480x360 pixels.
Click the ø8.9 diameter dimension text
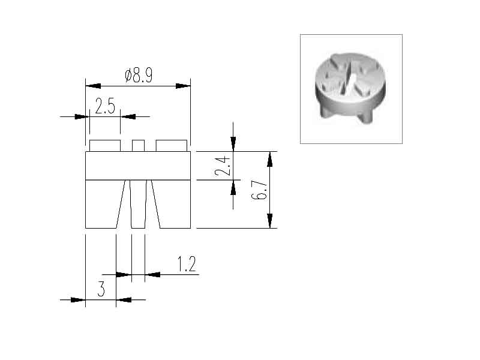click(139, 76)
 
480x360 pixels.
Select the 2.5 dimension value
click(105, 106)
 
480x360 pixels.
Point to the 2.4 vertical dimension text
click(222, 166)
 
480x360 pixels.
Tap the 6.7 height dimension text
click(259, 190)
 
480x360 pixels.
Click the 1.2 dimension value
click(187, 264)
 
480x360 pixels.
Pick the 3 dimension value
click(101, 289)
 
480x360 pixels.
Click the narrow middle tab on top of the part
click(138, 146)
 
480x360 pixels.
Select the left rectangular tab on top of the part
click(104, 146)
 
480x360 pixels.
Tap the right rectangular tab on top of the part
click(172, 146)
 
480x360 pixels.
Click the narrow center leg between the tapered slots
click(138, 204)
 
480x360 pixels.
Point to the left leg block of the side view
click(105, 204)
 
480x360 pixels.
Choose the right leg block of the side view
click(171, 204)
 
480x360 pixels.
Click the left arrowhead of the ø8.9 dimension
click(93, 86)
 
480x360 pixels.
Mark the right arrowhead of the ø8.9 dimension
click(183, 86)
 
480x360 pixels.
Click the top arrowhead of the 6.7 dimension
click(269, 159)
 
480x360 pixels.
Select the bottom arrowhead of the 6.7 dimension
click(269, 221)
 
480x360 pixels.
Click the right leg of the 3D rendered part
click(365, 116)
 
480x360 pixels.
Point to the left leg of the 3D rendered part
click(326, 110)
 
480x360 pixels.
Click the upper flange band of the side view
click(138, 166)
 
